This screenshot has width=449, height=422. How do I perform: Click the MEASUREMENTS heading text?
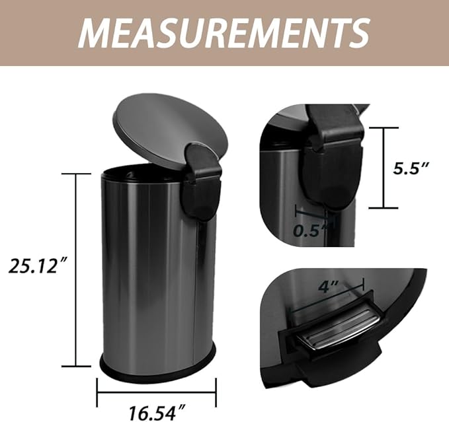tap(224, 32)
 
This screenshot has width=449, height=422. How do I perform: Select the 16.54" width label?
tap(157, 413)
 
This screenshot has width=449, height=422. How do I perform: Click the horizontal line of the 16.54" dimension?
tap(157, 394)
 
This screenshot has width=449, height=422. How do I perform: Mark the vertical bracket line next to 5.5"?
tap(384, 167)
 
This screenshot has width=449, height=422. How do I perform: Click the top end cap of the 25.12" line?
tap(75, 174)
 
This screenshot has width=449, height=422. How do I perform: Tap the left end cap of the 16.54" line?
tap(98, 394)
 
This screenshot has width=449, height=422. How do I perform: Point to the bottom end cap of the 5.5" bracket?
tap(384, 207)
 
